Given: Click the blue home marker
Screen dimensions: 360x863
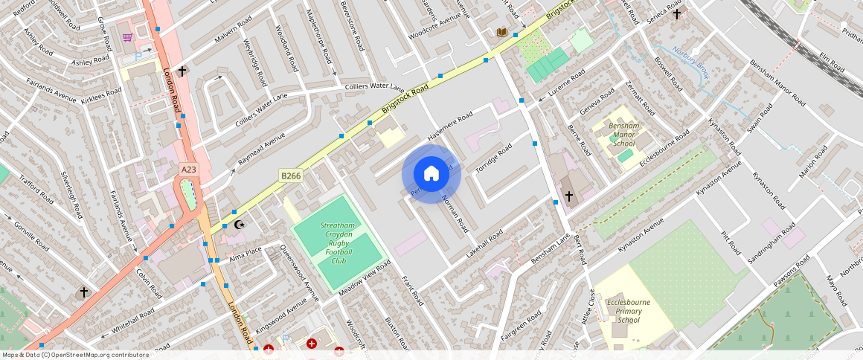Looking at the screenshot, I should click(431, 174).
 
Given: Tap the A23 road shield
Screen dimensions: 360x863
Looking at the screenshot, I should click(190, 170).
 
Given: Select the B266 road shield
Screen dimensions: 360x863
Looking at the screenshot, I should click(290, 176).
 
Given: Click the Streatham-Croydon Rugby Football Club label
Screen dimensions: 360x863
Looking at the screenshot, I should click(339, 242).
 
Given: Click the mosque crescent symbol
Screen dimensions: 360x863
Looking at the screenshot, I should click(239, 224).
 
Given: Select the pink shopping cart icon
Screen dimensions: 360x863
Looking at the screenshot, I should click(128, 37).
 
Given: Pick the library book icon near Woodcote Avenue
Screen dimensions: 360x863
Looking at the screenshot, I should click(502, 32).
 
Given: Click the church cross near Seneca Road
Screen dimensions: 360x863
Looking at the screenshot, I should click(676, 13).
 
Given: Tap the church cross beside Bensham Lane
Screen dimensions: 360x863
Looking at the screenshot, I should click(569, 196).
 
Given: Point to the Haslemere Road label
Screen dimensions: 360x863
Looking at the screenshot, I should click(450, 127).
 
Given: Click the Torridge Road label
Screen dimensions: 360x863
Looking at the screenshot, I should click(494, 158).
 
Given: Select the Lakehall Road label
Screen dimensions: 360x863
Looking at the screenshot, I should click(484, 243).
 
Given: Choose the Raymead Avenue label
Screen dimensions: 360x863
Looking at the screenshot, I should click(261, 150).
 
